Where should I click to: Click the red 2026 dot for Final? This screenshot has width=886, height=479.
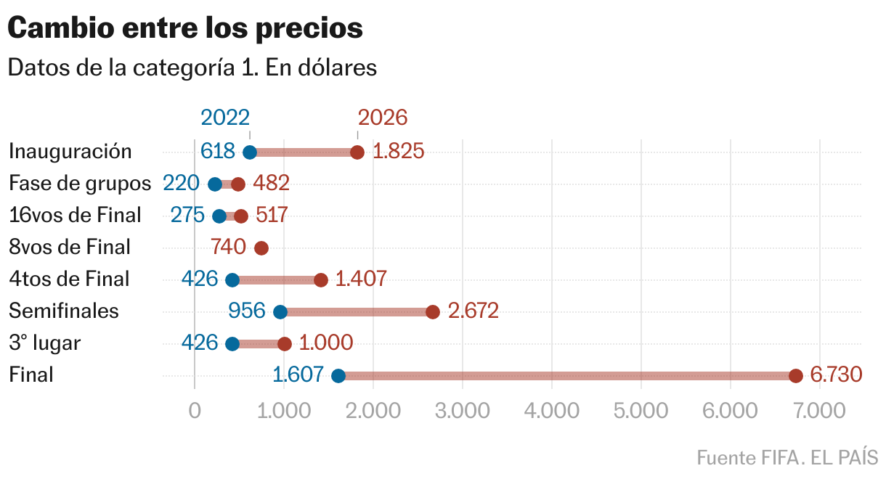coord(795,376)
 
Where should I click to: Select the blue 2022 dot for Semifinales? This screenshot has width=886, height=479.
coord(280,312)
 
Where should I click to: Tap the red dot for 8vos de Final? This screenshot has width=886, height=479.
coord(261,248)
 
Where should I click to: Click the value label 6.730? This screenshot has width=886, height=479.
coord(836,374)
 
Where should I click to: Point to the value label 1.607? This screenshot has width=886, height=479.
coord(298,374)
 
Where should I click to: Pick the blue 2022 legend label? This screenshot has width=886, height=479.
coord(225,118)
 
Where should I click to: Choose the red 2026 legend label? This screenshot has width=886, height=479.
coord(383,118)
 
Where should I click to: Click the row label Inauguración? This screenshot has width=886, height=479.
coord(70,151)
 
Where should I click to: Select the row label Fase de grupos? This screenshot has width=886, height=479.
coord(80,183)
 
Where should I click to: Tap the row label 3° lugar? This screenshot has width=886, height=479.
coord(44,343)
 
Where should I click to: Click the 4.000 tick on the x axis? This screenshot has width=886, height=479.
coord(551,411)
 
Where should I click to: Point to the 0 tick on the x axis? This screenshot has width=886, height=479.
coord(195,411)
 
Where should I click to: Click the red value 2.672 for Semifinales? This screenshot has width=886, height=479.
coord(474,311)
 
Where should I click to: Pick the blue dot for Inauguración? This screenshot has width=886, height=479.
coord(250,152)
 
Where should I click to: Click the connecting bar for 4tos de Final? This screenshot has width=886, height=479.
coord(277,280)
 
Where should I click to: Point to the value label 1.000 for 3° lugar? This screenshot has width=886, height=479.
coord(326,343)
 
